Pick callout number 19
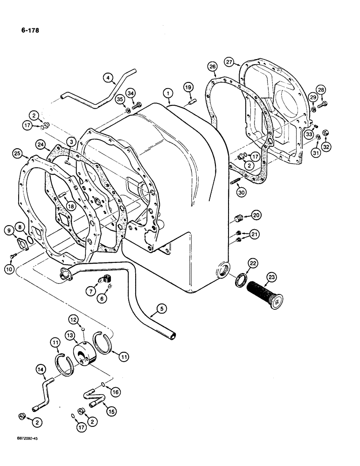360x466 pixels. (187, 87)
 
